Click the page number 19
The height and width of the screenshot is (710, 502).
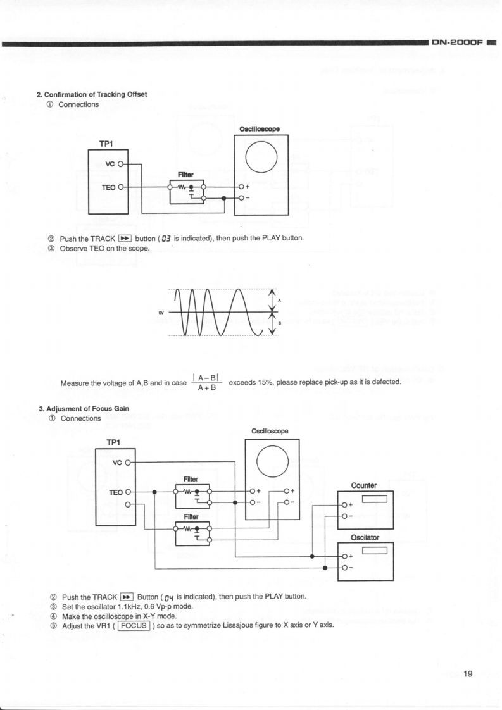coord(468,673)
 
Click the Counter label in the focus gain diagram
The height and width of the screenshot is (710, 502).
coord(364,485)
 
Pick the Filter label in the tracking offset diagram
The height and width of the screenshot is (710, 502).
coord(185,174)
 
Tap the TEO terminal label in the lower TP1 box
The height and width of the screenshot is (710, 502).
coord(116,492)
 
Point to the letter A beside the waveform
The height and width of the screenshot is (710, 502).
coord(280,300)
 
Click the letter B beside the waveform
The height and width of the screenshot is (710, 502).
coord(280,322)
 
